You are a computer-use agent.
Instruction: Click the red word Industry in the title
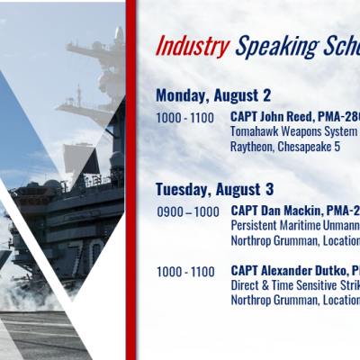(x=193, y=46)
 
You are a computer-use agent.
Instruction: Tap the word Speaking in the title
(x=276, y=47)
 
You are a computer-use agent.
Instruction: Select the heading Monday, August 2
(x=213, y=95)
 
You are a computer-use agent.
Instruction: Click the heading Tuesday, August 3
(x=215, y=190)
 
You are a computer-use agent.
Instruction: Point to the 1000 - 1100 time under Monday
(x=185, y=118)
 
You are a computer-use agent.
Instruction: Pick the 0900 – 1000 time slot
(x=188, y=212)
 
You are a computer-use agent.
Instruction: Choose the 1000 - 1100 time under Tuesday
(x=185, y=272)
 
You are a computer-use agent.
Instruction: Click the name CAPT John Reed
(x=273, y=117)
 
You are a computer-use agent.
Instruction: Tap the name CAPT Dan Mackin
(x=275, y=211)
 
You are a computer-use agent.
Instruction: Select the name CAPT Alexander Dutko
(x=289, y=271)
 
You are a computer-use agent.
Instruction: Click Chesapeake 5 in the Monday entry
(x=309, y=147)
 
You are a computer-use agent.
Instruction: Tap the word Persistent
(x=254, y=226)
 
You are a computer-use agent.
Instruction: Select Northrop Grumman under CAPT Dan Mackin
(x=274, y=240)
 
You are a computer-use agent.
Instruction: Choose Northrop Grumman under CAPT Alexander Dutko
(x=274, y=301)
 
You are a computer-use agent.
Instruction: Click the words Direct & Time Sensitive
(x=283, y=285)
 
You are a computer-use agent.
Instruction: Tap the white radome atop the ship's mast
(x=119, y=32)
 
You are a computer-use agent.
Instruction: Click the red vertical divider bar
(x=130, y=180)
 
